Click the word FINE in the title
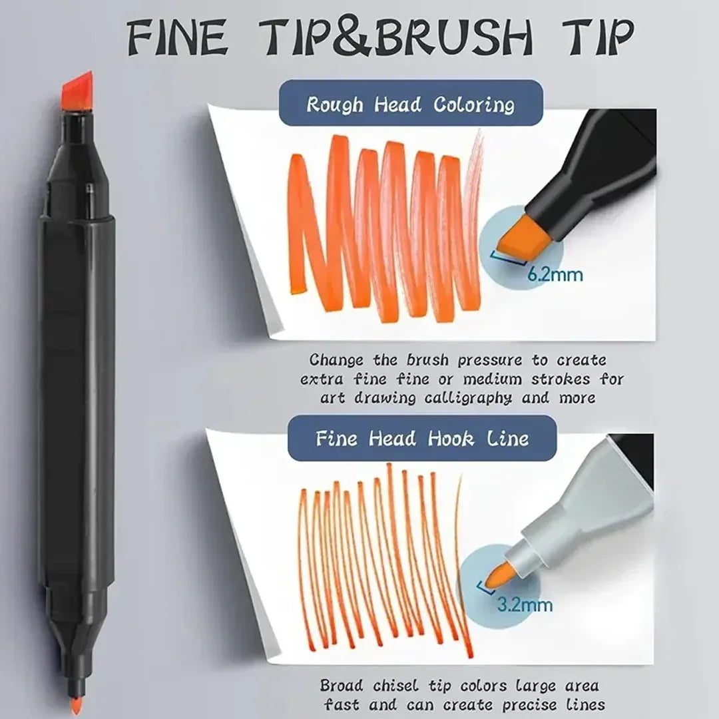click(x=177, y=37)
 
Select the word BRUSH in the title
click(x=453, y=37)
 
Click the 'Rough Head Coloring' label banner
click(x=411, y=103)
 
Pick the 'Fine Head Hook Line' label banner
click(x=422, y=438)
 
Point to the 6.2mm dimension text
click(x=555, y=274)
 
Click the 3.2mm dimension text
click(x=525, y=604)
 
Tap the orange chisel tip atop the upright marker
click(x=77, y=92)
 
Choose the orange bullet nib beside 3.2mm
click(x=500, y=575)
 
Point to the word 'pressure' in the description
click(x=490, y=360)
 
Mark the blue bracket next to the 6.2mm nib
click(x=508, y=258)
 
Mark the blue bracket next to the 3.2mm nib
click(x=485, y=588)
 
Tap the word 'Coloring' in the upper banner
click(x=474, y=105)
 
